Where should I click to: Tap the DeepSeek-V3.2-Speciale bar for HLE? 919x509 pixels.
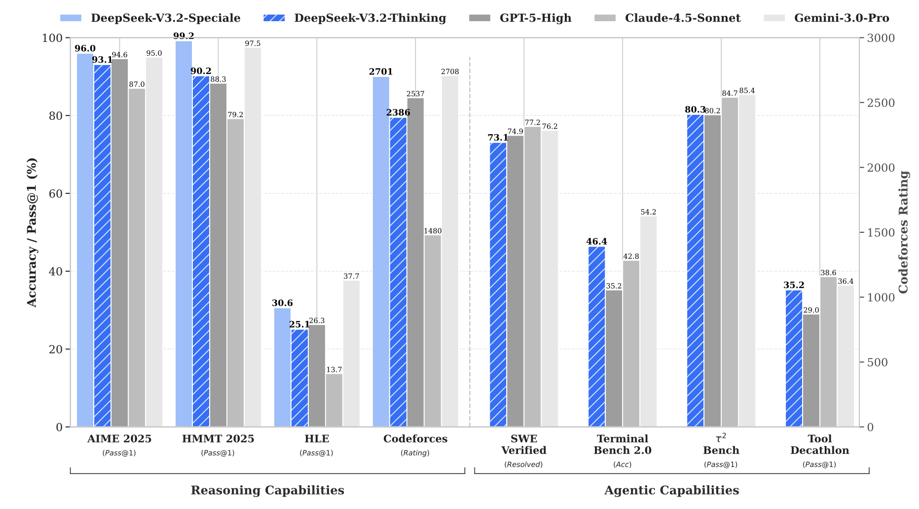point(282,367)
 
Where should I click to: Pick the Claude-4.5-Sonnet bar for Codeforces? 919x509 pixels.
point(433,331)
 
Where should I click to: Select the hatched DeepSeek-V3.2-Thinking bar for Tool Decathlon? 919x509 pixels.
point(794,359)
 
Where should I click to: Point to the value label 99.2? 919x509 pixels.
point(184,36)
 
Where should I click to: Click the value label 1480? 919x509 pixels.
point(433,231)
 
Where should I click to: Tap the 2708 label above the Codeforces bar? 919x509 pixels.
point(450,72)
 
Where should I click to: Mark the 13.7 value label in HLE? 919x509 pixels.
point(334,370)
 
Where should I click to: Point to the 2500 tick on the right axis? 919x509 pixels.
point(881,103)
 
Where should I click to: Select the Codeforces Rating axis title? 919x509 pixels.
point(903,232)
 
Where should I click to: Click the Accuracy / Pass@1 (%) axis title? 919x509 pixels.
point(32,232)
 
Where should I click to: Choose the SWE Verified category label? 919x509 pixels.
point(524,444)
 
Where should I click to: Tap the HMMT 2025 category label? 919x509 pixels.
point(218,439)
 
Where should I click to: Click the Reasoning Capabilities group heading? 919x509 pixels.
point(267,490)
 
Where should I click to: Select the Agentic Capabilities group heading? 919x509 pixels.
point(671,490)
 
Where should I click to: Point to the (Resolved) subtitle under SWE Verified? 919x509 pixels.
point(523,465)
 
